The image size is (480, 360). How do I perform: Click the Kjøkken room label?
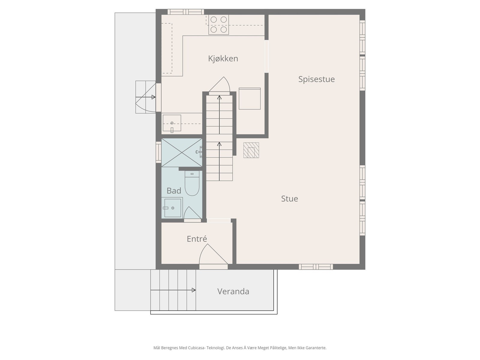[223, 59]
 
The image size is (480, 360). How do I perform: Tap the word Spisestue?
[316, 79]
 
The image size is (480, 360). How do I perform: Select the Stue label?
[289, 199]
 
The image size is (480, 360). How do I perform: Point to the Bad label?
[174, 191]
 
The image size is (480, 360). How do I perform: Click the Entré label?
[196, 239]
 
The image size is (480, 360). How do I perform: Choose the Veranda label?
[233, 291]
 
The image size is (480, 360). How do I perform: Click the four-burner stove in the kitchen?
[218, 25]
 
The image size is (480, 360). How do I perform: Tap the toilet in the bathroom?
[192, 183]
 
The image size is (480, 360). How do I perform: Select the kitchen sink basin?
[172, 123]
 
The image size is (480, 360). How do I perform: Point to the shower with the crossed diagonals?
[182, 153]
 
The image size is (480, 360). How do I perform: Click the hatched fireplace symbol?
[251, 150]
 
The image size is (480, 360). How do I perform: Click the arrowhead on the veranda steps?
[193, 290]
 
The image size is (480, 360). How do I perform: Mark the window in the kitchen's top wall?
[186, 12]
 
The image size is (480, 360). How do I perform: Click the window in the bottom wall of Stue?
[316, 267]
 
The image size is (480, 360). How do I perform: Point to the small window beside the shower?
[158, 152]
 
